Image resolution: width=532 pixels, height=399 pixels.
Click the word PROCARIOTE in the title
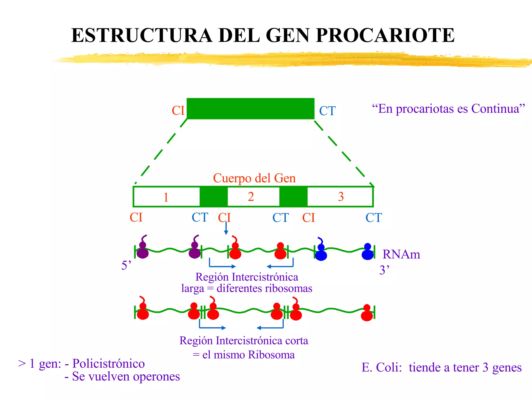[385, 35]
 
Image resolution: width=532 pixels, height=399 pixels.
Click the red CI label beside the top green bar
[178, 111]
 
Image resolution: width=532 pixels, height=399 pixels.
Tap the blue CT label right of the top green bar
[327, 111]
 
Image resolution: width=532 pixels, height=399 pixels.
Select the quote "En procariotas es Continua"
[448, 109]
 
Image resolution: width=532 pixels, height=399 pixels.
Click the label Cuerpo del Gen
[254, 178]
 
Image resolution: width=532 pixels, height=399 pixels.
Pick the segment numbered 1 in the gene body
[166, 197]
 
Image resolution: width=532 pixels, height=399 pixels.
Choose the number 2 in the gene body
[251, 197]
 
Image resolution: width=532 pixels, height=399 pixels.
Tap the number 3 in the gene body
[341, 197]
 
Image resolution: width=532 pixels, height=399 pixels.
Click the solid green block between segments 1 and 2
[214, 197]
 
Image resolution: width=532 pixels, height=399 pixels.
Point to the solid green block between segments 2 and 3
[293, 197]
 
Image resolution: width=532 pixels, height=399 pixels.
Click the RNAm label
[401, 254]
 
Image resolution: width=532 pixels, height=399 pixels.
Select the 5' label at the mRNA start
[126, 265]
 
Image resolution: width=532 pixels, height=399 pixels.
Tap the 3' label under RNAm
[384, 270]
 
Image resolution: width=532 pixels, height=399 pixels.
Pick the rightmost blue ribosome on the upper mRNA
[368, 252]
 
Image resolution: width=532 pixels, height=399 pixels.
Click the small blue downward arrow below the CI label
[226, 229]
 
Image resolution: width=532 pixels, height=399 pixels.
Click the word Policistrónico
[108, 363]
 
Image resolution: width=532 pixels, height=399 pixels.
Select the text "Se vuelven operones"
[126, 376]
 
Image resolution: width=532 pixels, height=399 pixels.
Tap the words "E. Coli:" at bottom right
[382, 368]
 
